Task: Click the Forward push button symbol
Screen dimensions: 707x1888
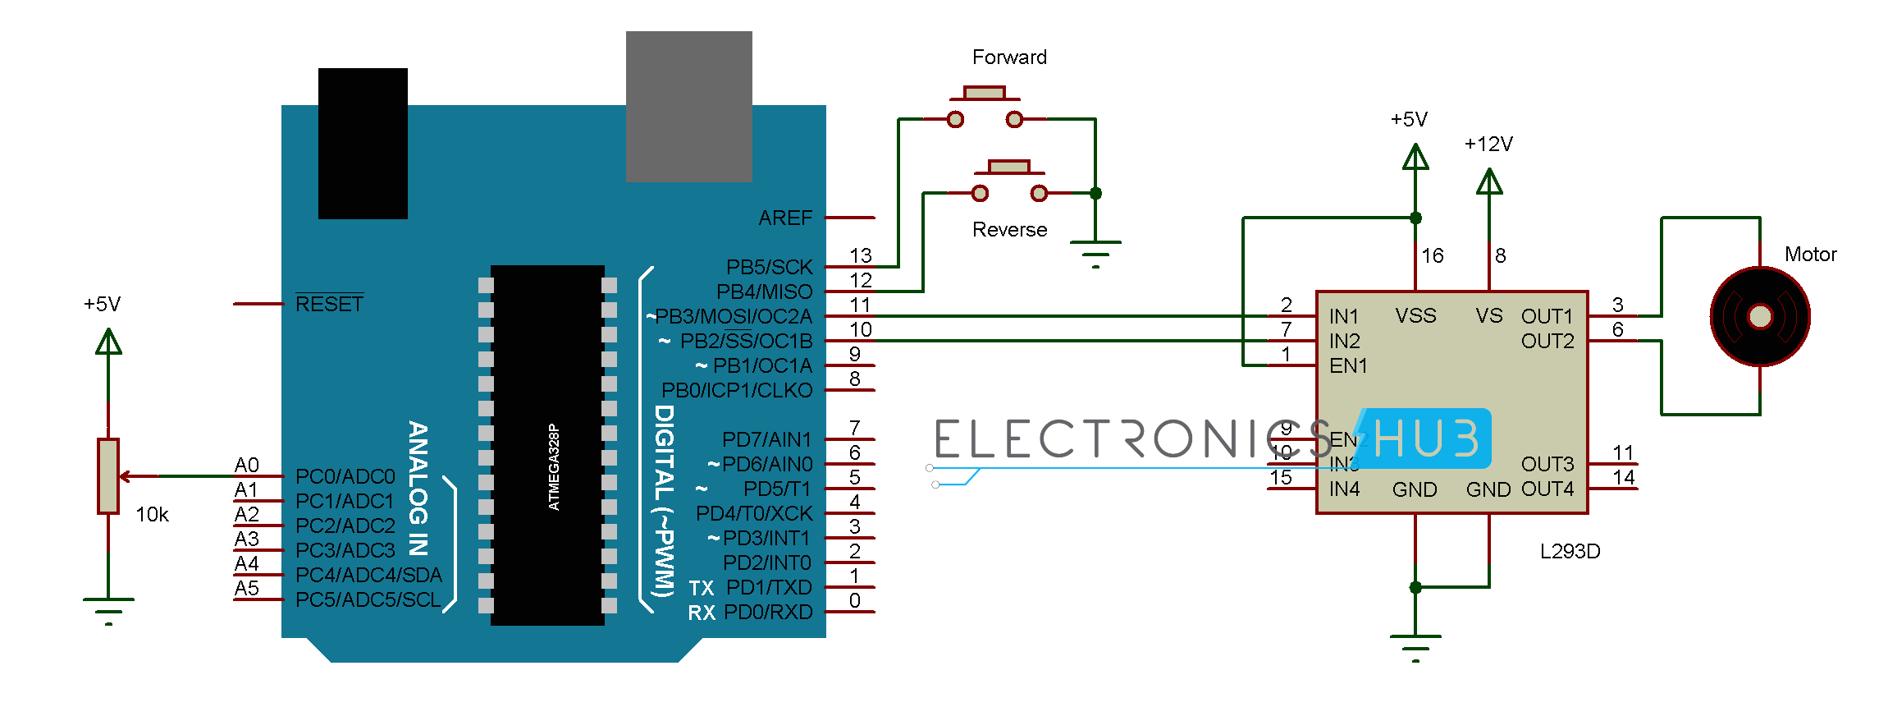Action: coord(985,107)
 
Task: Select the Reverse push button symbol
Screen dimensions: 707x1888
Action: coord(1009,181)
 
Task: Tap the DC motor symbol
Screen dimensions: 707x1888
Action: coord(1759,316)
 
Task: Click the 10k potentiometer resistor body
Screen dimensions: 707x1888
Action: coord(108,476)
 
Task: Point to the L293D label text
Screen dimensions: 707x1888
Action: coord(1570,551)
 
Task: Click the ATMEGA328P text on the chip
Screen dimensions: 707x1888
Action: coord(554,466)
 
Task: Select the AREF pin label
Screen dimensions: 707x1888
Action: coord(784,218)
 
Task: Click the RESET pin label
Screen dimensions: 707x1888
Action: coord(329,304)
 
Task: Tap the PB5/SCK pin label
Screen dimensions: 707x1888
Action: coord(769,267)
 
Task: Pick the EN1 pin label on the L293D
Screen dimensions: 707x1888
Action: coord(1348,365)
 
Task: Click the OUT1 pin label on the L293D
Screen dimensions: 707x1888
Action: coord(1547,316)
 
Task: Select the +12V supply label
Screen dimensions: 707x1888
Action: coord(1488,145)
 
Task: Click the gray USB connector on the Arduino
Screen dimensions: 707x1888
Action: coord(688,107)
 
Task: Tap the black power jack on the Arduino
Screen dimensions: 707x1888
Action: coord(363,144)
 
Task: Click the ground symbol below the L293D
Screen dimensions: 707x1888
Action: coord(1415,645)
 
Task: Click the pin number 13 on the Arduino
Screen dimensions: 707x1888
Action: coord(860,255)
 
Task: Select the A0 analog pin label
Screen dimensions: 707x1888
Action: coord(246,465)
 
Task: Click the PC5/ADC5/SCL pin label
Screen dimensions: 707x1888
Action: coord(368,599)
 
